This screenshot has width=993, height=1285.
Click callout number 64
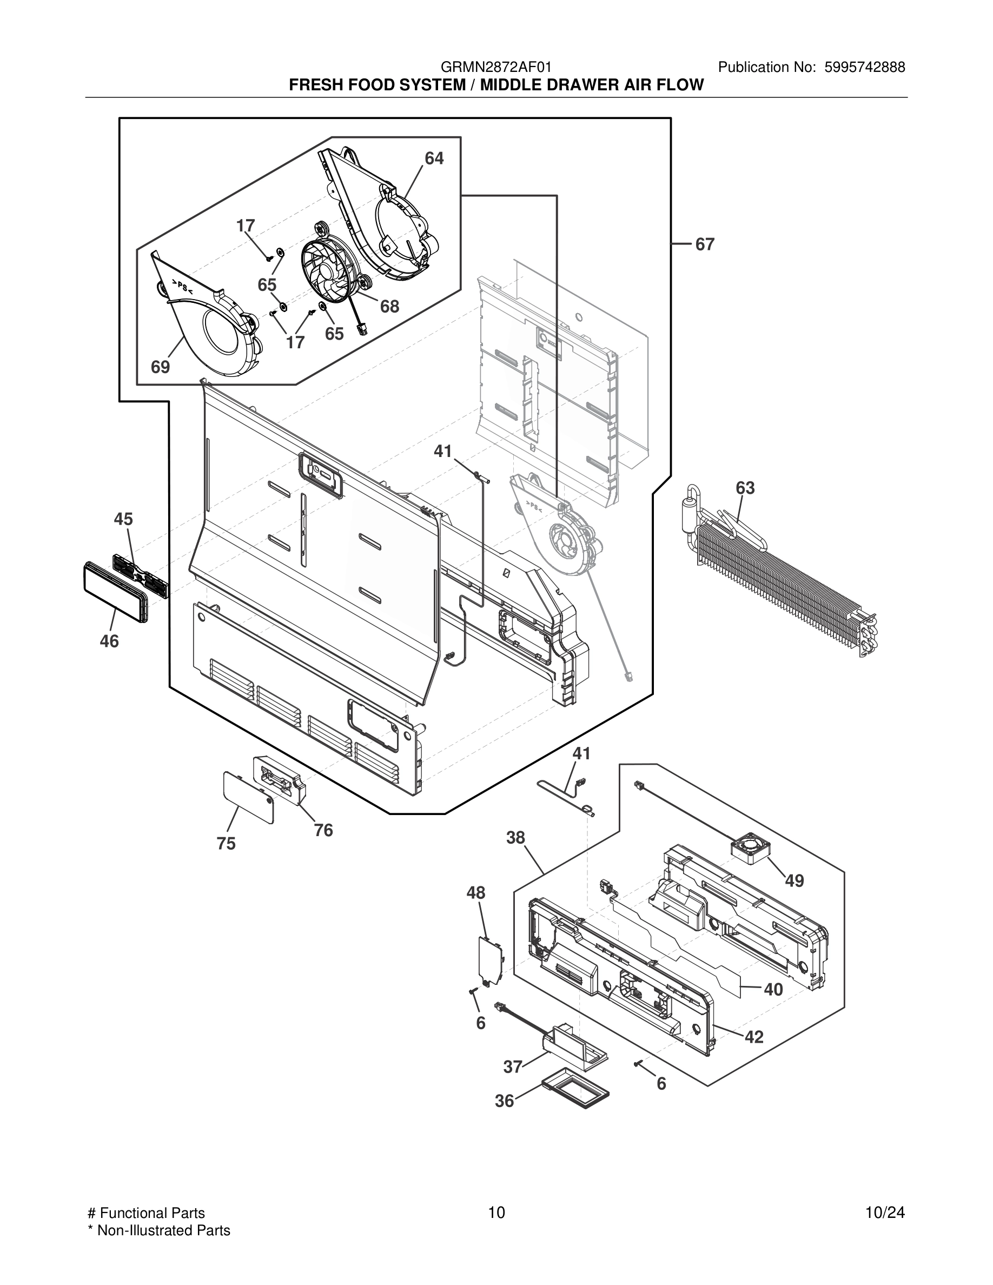(x=434, y=158)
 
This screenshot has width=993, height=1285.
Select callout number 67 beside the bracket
(x=704, y=244)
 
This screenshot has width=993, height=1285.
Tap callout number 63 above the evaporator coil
(x=745, y=488)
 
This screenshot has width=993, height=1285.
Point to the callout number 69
(x=160, y=367)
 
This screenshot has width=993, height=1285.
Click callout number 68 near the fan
(x=389, y=306)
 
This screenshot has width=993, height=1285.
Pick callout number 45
(x=123, y=519)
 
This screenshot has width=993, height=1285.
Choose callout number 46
(x=109, y=641)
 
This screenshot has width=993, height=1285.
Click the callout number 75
(x=226, y=844)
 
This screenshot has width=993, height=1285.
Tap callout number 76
(x=323, y=830)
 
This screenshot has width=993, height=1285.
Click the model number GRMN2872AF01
(x=496, y=68)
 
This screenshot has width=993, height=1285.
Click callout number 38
(x=515, y=838)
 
